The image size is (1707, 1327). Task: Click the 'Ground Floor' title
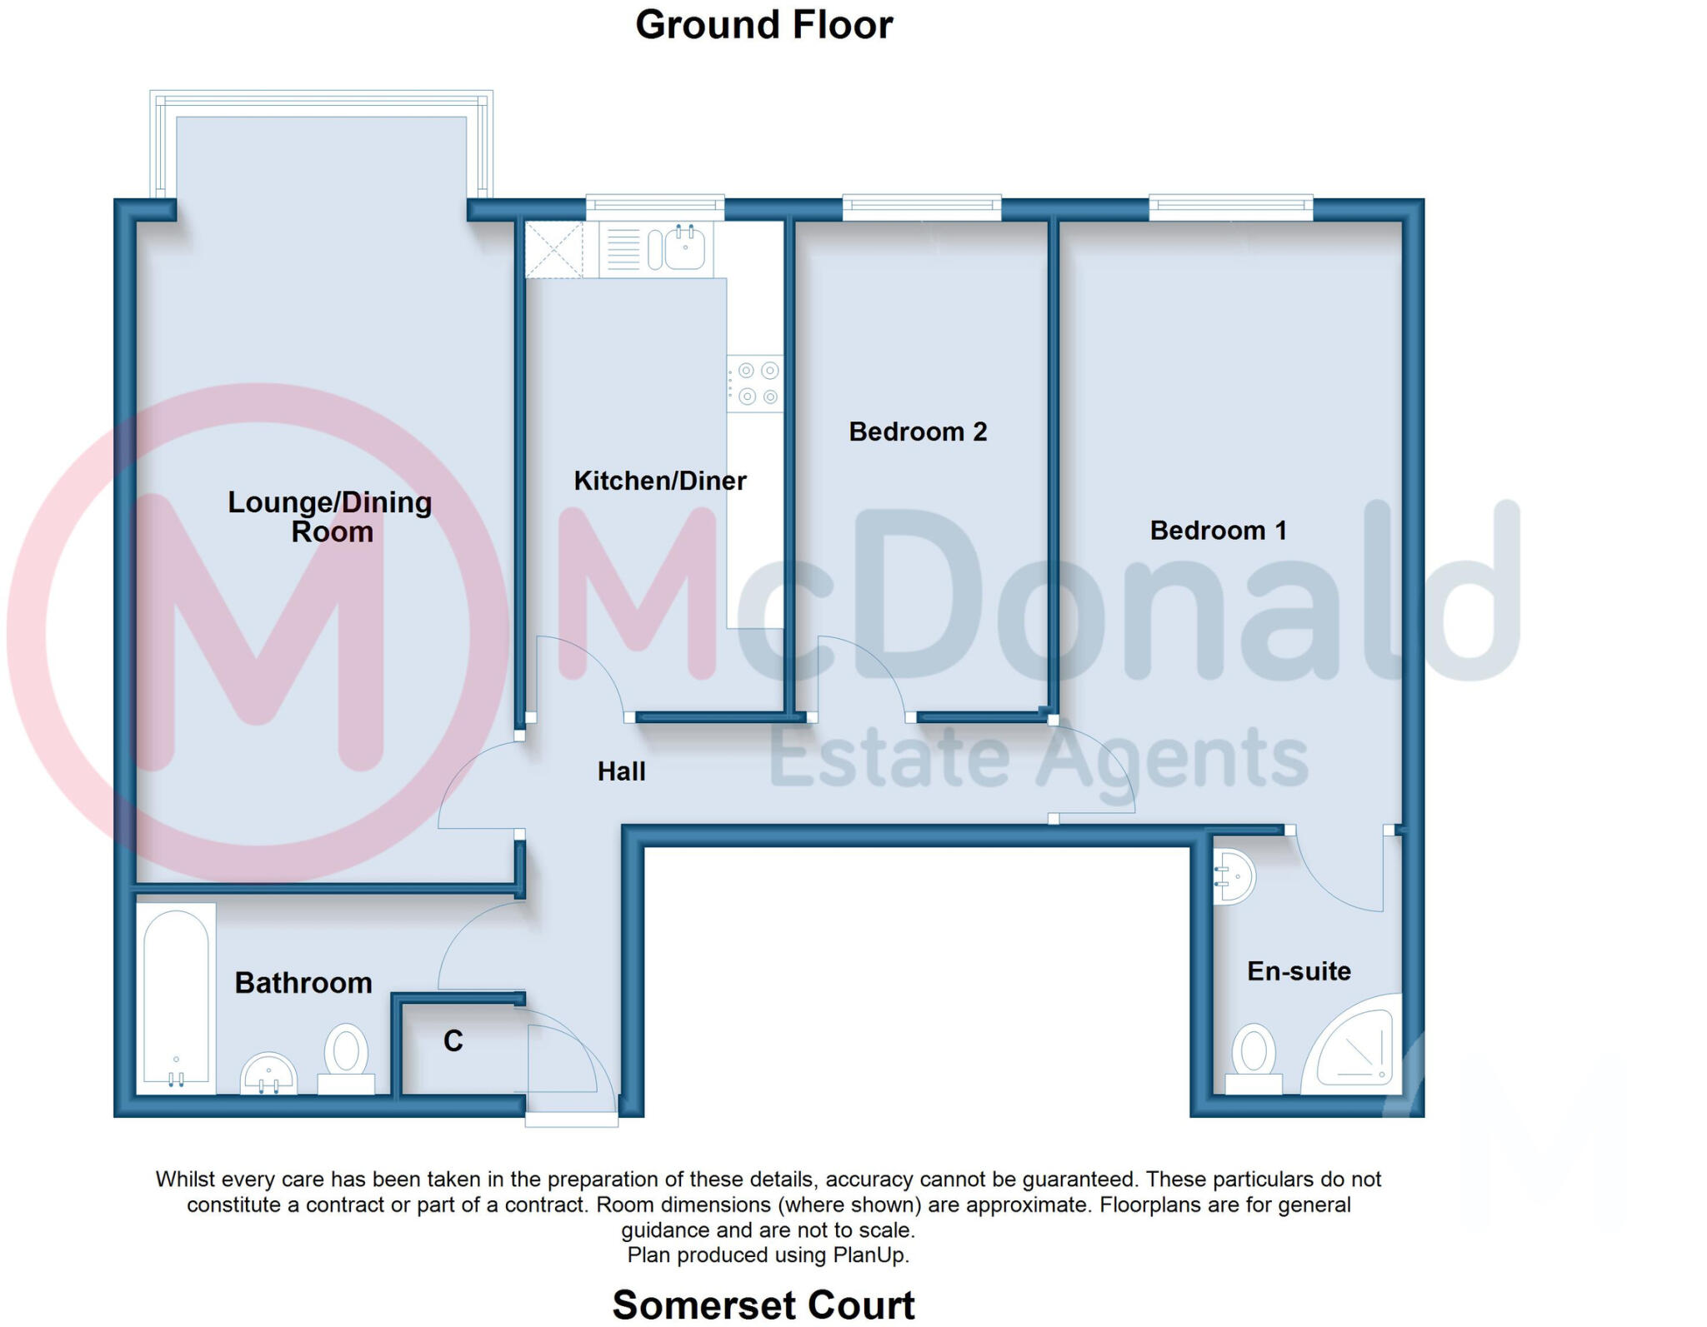point(763,25)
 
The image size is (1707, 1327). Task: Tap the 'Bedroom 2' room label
point(918,432)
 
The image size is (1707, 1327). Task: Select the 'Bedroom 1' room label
point(1218,530)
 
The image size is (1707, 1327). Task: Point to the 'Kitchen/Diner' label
point(659,481)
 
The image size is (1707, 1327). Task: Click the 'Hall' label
point(621,771)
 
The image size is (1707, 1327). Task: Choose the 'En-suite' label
point(1299,971)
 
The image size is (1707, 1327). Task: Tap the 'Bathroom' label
point(303,983)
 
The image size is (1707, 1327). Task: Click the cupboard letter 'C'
point(453,1041)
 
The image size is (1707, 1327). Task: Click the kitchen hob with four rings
point(756,383)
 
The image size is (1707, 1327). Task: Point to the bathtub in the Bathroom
point(176,997)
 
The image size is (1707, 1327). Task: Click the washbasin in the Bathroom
point(268,1074)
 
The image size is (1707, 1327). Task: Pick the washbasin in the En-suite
point(1234,876)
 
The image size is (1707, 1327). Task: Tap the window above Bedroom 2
point(921,207)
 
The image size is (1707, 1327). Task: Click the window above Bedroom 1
point(1230,207)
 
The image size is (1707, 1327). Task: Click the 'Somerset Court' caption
point(763,1305)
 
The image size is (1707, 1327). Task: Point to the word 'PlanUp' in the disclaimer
point(874,1255)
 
